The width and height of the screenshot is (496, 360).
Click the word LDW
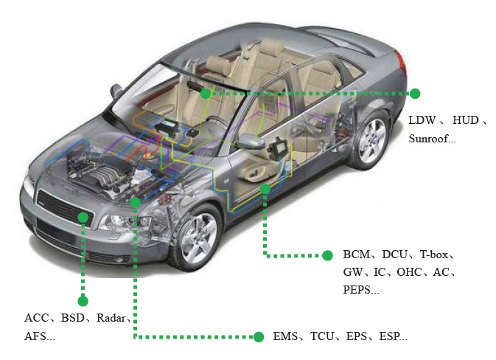[x=422, y=120]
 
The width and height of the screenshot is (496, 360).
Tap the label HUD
[x=466, y=120]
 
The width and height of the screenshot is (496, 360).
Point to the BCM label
[x=357, y=255]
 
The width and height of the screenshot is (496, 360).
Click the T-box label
[x=434, y=255]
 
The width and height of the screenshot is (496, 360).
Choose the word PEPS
[x=357, y=289]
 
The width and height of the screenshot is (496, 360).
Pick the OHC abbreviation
[x=409, y=272]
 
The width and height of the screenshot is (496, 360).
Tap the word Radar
[x=111, y=317]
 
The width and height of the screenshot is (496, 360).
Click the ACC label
[x=37, y=317]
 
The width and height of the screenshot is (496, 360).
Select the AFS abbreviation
[x=35, y=336]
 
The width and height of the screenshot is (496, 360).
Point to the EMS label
[x=285, y=336]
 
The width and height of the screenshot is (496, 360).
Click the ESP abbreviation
[x=389, y=336]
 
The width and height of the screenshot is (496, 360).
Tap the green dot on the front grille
[x=83, y=217]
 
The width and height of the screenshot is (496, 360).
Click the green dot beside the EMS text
[x=259, y=337]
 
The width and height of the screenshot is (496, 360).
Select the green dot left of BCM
[x=327, y=255]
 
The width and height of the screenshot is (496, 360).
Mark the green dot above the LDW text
[x=415, y=94]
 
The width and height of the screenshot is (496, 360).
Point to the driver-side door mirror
[x=251, y=142]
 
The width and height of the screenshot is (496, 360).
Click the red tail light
[x=400, y=61]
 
